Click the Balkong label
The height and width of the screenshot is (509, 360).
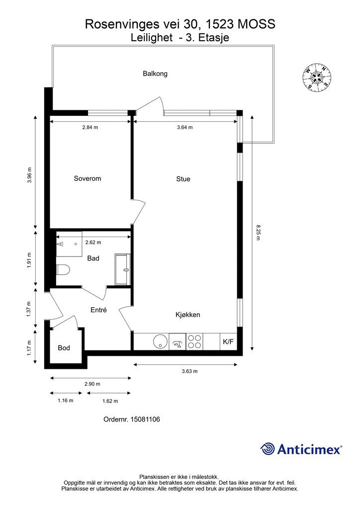pyautogui.click(x=155, y=74)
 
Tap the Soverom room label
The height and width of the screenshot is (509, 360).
pyautogui.click(x=88, y=178)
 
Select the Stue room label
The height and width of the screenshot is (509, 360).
pyautogui.click(x=183, y=179)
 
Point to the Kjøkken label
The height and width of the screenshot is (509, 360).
pyautogui.click(x=187, y=315)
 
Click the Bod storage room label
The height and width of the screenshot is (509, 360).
pyautogui.click(x=64, y=348)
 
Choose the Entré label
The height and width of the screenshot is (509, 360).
pyautogui.click(x=98, y=310)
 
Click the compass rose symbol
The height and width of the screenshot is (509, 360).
pyautogui.click(x=317, y=77)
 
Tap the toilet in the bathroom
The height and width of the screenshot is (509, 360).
pyautogui.click(x=63, y=270)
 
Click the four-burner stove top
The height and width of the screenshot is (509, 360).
pyautogui.click(x=194, y=341)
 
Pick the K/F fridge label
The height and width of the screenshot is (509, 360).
pyautogui.click(x=228, y=342)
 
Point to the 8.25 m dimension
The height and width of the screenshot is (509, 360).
pyautogui.click(x=258, y=233)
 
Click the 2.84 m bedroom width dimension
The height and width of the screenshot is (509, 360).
pyautogui.click(x=90, y=127)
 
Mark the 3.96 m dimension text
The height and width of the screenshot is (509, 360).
pyautogui.click(x=29, y=175)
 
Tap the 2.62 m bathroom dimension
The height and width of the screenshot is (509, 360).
pyautogui.click(x=93, y=243)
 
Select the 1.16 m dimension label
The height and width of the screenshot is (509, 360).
pyautogui.click(x=66, y=401)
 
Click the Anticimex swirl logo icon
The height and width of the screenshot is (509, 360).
pyautogui.click(x=268, y=449)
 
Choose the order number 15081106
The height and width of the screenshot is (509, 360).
pyautogui.click(x=145, y=420)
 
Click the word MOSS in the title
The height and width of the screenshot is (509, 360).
pyautogui.click(x=257, y=24)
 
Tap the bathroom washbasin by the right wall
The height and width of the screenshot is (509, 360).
pyautogui.click(x=122, y=269)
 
